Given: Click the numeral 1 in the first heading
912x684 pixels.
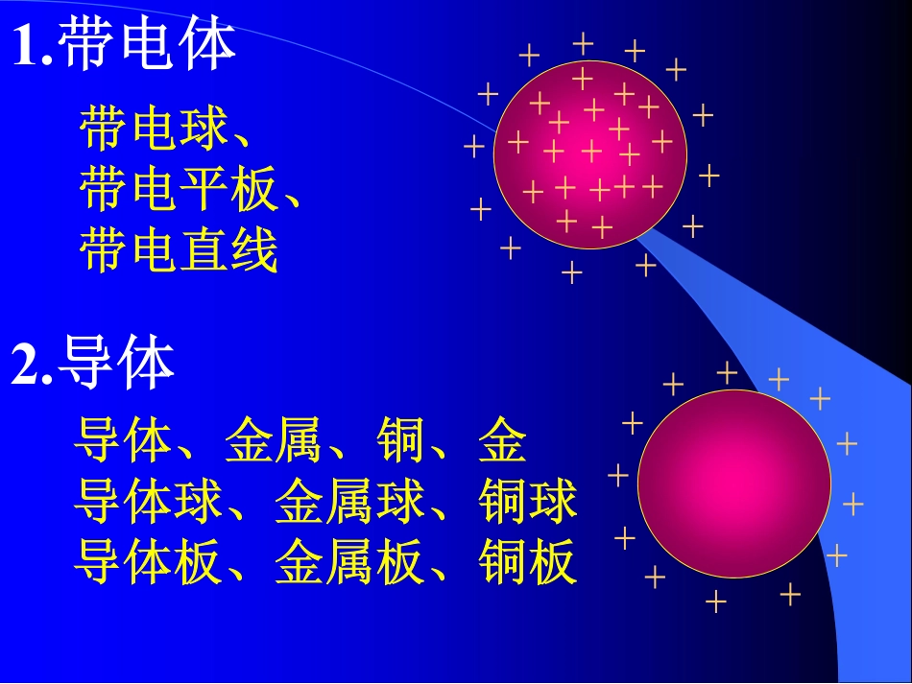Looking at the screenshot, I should click(26, 45).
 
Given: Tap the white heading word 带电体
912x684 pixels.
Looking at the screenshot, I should click(147, 45).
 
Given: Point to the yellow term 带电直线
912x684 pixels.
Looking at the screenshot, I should click(179, 249).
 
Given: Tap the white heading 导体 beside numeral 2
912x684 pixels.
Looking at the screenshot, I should click(116, 366).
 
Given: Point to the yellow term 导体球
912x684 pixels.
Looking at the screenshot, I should click(148, 502).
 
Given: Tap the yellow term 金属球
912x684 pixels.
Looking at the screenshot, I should click(349, 502).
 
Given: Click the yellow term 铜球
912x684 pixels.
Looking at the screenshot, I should click(527, 502).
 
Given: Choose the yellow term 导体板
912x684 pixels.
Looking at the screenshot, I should click(148, 562).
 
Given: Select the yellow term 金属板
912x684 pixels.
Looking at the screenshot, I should click(349, 562).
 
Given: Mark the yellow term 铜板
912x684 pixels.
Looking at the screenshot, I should click(527, 562).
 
